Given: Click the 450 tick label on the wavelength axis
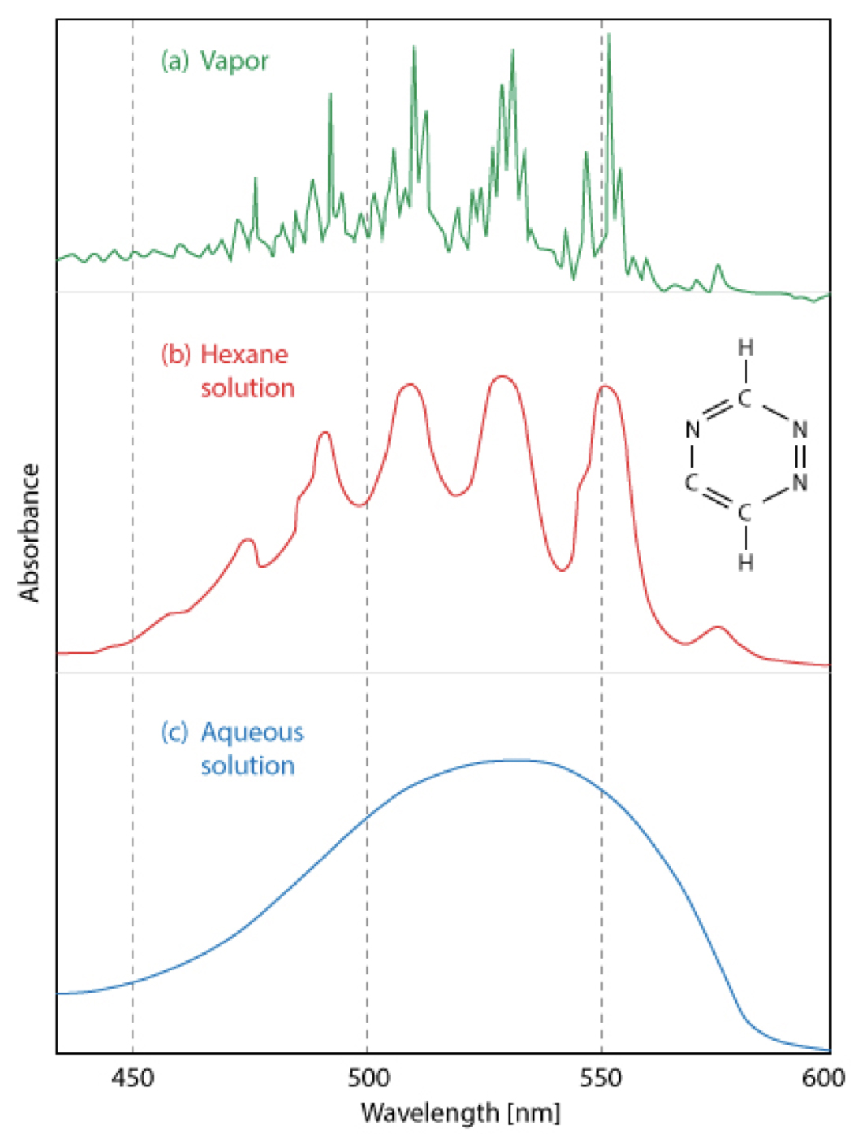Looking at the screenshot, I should coord(133,1078).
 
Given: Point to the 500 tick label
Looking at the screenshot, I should coord(368,1078).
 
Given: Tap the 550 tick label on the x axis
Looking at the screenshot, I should coord(601,1078).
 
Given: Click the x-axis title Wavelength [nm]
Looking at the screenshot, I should coord(460,1113).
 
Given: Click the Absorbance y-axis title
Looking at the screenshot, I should coord(29,533).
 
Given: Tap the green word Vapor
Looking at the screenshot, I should coord(234,61).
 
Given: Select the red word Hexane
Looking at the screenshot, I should coord(244,355).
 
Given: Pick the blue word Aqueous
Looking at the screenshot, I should coord(252,732).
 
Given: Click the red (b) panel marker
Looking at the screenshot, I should coord(176,355).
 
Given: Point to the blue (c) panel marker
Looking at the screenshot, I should coord(174,732).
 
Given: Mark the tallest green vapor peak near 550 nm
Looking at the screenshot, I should coord(608,36).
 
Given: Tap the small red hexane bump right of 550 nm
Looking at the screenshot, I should coord(718,628).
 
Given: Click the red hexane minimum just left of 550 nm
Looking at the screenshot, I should coord(562,569).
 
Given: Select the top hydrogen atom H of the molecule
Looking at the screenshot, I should coord(746,348).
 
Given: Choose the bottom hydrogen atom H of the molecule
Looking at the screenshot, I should coord(746,563).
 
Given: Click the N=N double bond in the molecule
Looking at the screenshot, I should coord(800,456).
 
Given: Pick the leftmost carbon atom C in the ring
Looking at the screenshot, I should coord(692,482).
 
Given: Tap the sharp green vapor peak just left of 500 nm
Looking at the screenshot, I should coord(331,95).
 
